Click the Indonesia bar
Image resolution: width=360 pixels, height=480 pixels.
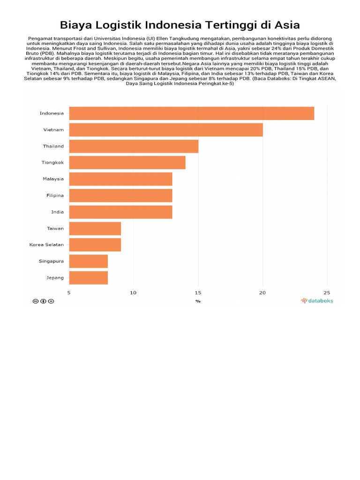192,113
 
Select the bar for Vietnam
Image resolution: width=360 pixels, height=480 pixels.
166,130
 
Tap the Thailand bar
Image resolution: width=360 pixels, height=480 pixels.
134,146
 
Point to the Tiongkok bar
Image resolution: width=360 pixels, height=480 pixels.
127,163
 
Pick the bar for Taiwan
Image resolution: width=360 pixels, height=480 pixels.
95,228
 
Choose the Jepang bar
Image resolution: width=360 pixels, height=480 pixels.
89,277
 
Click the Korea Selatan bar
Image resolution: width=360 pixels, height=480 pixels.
95,245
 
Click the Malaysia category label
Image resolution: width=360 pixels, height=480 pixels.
53,179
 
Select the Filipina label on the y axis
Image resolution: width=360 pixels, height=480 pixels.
55,195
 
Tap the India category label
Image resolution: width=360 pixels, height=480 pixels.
58,212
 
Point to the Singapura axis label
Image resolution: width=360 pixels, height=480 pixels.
51,261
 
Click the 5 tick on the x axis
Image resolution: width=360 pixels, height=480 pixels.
69,292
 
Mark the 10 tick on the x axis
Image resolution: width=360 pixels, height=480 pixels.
133,292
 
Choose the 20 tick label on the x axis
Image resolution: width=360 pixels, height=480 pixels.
262,292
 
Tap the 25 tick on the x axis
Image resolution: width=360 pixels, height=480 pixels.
327,292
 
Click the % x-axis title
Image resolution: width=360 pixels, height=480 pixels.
198,301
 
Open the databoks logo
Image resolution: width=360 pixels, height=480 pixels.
317,300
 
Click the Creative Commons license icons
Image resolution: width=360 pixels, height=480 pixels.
43,301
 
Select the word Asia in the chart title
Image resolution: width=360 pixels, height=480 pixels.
287,25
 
